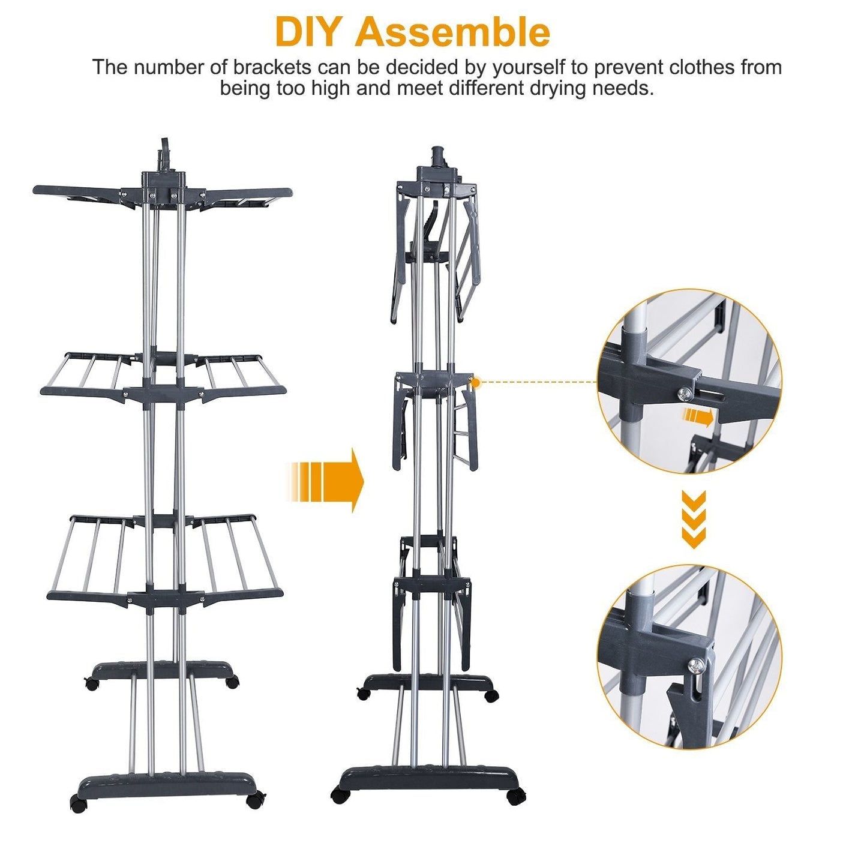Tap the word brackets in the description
[274, 67]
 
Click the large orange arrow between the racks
[328, 481]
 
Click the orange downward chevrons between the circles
[694, 520]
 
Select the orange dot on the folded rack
[476, 382]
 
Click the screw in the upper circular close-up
[685, 393]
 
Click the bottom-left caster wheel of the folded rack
[340, 796]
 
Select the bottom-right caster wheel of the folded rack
[516, 797]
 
